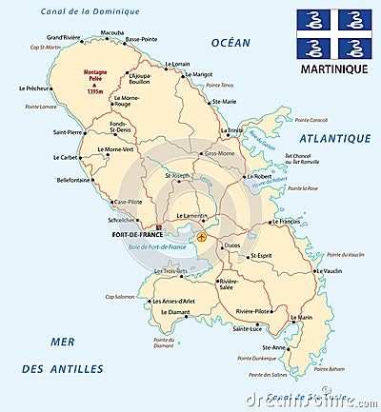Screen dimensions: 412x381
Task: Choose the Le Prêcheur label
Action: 34,88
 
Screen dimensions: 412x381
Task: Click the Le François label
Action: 286,221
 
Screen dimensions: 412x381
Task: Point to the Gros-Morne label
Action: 219,152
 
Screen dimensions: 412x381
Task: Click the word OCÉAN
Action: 231,42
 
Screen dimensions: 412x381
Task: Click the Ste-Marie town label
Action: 224,101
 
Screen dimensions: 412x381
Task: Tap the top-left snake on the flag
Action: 313,19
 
